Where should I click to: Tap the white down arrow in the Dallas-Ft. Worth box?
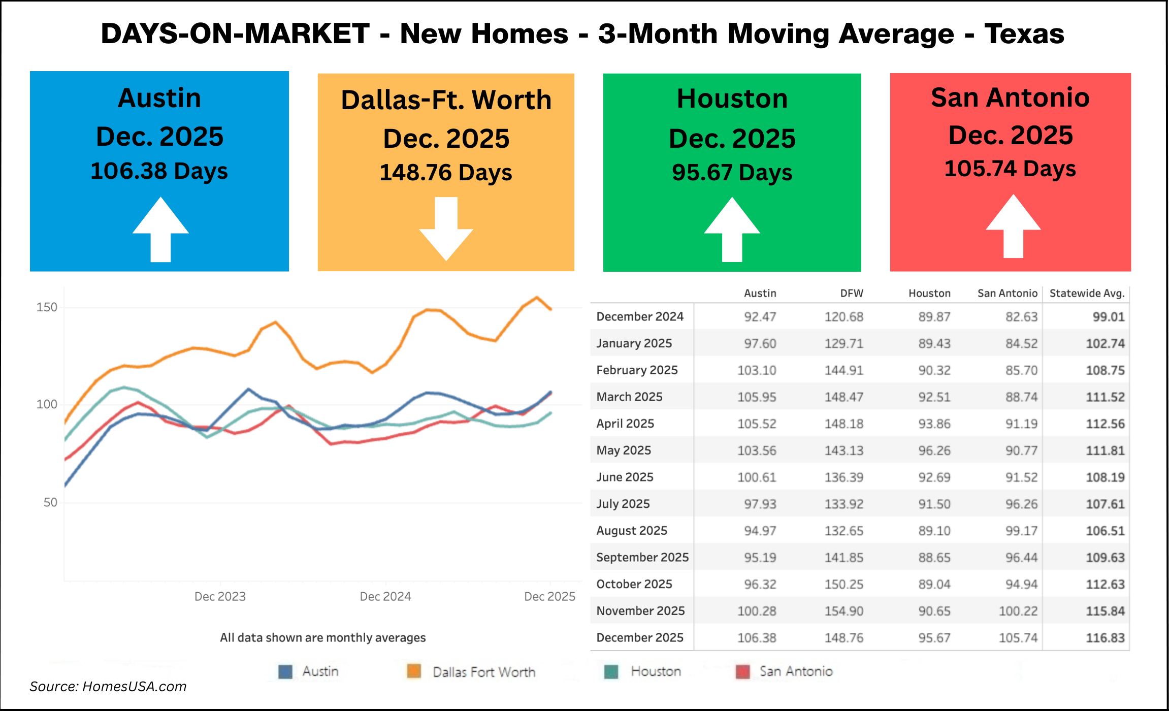coord(446,229)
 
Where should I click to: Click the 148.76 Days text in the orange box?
coord(445,173)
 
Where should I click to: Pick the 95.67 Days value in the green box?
coord(732,173)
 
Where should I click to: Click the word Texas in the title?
coord(1024,34)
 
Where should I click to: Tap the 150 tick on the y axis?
coord(47,307)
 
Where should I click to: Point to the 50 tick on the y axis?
coord(50,502)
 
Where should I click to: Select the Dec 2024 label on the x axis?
coord(385,596)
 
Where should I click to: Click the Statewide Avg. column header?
coord(1087,293)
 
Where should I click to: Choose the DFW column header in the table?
coord(851,293)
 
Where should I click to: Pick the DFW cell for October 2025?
coord(843,584)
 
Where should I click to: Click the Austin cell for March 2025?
coord(757,397)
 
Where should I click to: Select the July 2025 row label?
coord(623,504)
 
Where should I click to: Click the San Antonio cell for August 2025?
coord(1021,531)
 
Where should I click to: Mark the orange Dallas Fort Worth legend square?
coord(414,671)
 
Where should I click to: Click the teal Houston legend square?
coord(611,671)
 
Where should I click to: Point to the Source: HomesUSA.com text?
coord(108,687)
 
